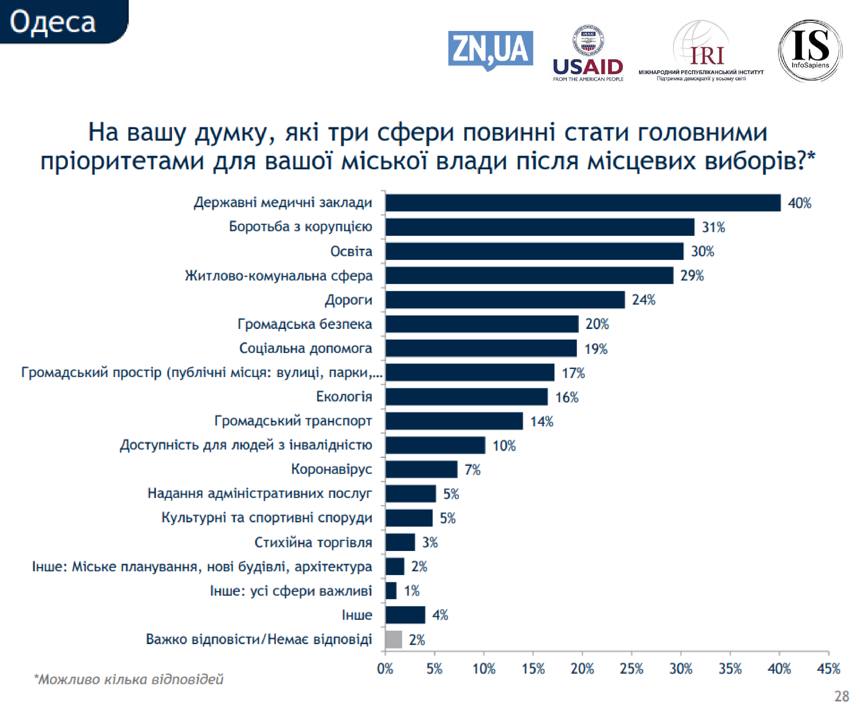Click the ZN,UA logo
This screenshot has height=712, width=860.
pos(490,50)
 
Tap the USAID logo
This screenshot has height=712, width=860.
pos(588,53)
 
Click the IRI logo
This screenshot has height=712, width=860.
pos(701,51)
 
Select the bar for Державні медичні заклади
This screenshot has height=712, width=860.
pos(583,203)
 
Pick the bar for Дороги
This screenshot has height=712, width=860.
pos(505,299)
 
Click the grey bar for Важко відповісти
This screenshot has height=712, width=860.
pos(394,639)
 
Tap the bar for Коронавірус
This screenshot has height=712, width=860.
pos(421,469)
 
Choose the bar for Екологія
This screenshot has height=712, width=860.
pos(466,397)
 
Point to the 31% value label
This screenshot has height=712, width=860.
pos(714,227)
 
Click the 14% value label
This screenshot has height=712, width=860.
pos(542,421)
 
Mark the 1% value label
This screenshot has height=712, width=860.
pos(412,591)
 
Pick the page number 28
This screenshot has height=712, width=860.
pos(842,696)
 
